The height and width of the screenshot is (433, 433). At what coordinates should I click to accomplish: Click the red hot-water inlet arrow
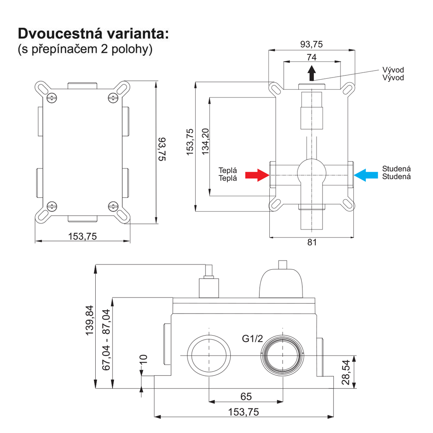257,175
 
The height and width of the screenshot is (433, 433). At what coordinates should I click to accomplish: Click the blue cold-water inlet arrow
366,175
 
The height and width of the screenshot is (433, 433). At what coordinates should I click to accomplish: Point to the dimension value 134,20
205,142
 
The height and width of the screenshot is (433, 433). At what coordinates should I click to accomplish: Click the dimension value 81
312,242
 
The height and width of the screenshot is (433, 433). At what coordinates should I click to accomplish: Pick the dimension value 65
246,396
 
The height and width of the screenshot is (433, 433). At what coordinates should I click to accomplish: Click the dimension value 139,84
89,320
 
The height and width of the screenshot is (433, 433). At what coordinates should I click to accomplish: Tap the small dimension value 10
143,359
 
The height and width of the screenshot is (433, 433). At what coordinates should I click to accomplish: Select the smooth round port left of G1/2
209,355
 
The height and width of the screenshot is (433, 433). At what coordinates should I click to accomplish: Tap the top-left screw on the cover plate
52,98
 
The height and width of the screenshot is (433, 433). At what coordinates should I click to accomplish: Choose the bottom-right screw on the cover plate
113,207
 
